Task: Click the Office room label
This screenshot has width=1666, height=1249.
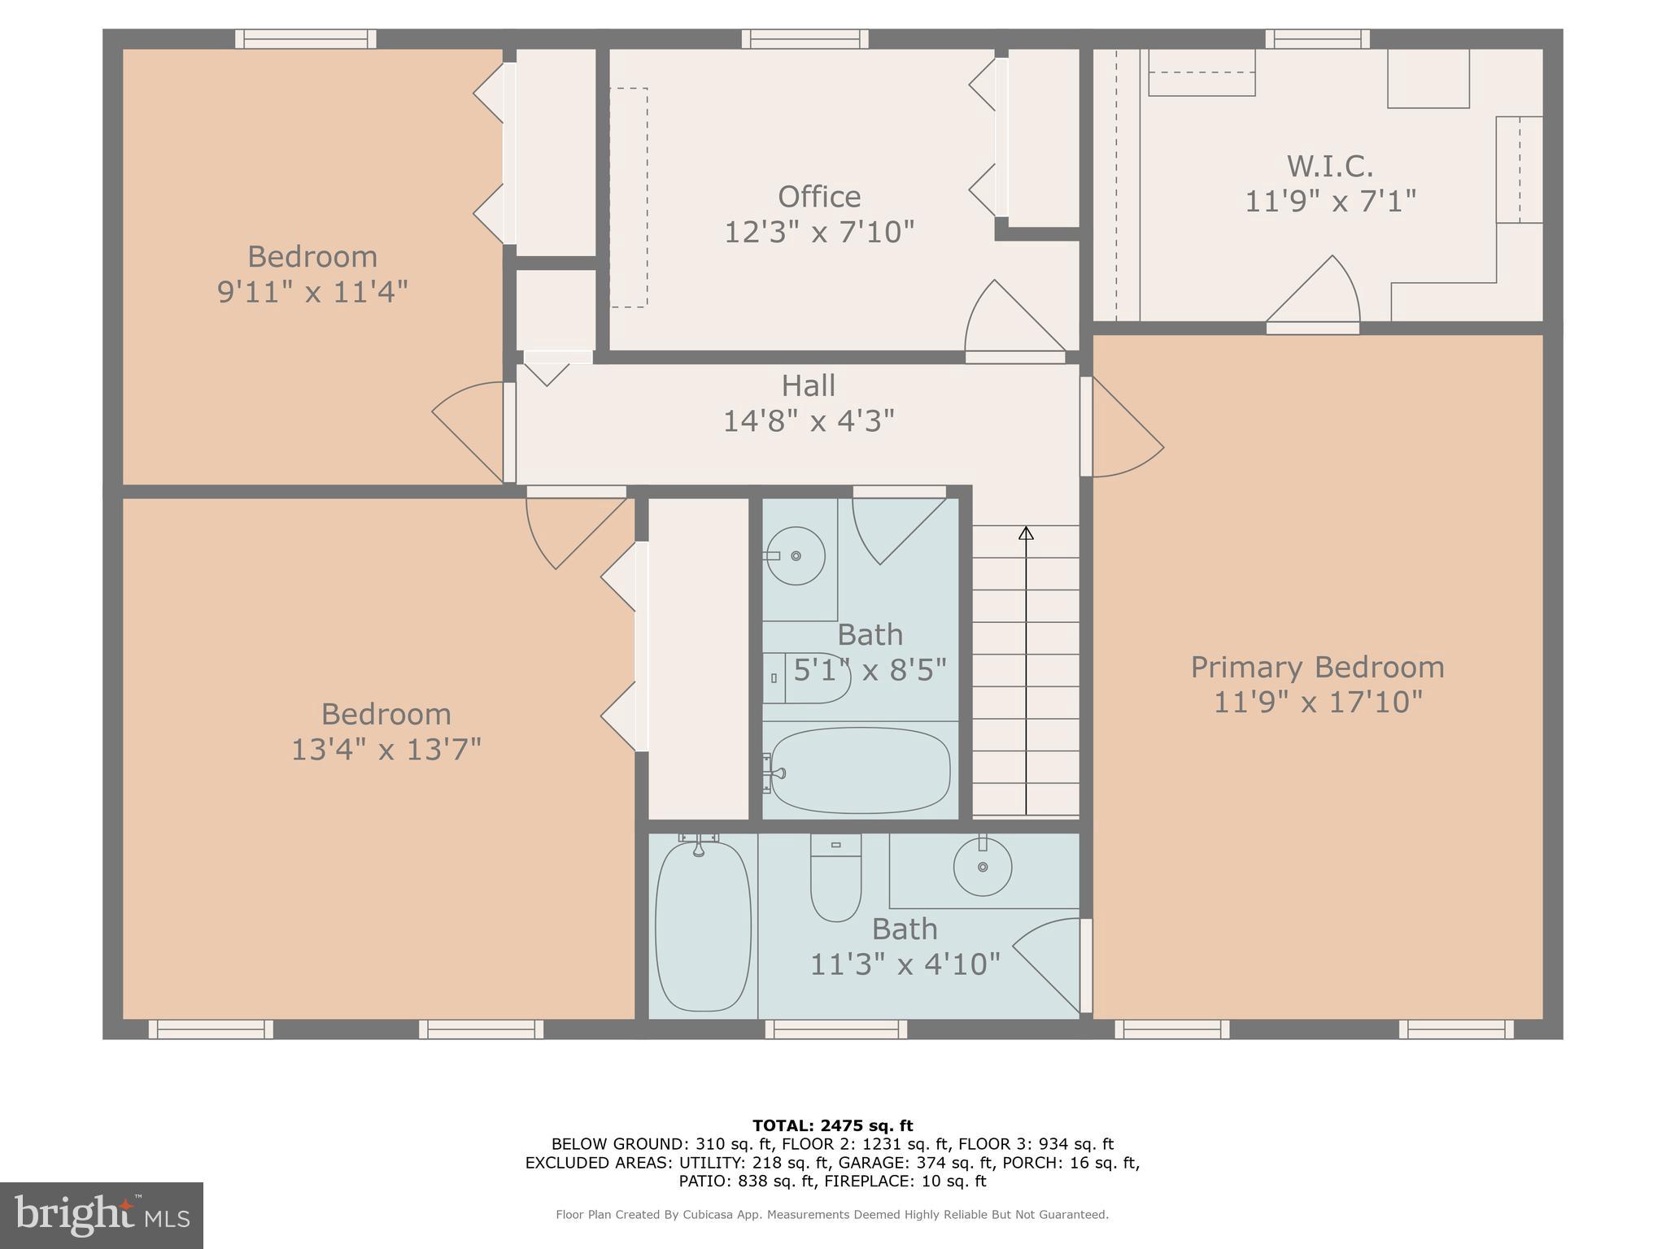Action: pyautogui.click(x=818, y=197)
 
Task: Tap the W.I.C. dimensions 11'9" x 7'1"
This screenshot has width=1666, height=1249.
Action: pyautogui.click(x=1330, y=201)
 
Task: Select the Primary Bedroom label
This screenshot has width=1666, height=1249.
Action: pyautogui.click(x=1317, y=668)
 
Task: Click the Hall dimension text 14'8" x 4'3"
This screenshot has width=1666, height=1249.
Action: pyautogui.click(x=809, y=421)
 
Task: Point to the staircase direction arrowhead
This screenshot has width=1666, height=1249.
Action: pyautogui.click(x=1026, y=533)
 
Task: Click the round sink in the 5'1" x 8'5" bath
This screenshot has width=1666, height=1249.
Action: pyautogui.click(x=796, y=556)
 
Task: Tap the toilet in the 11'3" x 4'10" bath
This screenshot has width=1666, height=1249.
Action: pyautogui.click(x=835, y=878)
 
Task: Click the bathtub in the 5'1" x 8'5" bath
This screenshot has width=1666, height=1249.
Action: pyautogui.click(x=860, y=770)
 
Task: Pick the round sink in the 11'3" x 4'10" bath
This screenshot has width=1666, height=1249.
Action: pyautogui.click(x=983, y=868)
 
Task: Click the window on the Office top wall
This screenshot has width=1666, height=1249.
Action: pyautogui.click(x=805, y=38)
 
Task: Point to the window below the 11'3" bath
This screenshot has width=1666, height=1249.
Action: pyautogui.click(x=835, y=1029)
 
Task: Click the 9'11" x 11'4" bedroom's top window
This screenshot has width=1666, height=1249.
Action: pyautogui.click(x=306, y=38)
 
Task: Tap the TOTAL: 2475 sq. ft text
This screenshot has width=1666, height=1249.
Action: pyautogui.click(x=832, y=1126)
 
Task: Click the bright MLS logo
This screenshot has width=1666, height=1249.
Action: pyautogui.click(x=101, y=1216)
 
